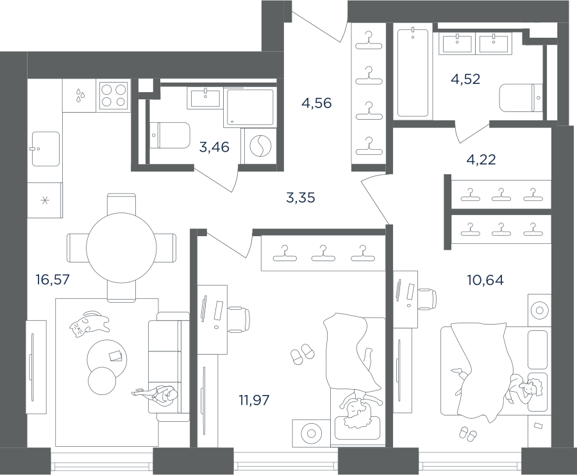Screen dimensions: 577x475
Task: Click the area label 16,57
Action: [x=53, y=280]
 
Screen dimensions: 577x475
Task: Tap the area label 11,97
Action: [x=254, y=399]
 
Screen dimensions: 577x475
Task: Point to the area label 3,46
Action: [x=214, y=147]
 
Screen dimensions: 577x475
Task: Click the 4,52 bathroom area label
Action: [x=465, y=79]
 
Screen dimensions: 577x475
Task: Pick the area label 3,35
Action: [x=301, y=198]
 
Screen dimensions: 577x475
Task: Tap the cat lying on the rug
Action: [x=89, y=323]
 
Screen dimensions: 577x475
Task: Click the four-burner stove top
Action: [x=113, y=96]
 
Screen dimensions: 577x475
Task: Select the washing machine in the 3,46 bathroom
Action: [x=260, y=146]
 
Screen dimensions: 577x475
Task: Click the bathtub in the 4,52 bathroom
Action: [x=413, y=73]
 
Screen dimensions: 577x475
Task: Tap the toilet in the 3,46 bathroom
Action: [x=170, y=135]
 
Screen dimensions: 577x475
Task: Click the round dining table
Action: [x=121, y=248]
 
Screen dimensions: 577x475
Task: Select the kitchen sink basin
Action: [x=46, y=149]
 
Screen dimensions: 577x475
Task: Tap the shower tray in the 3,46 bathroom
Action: [x=250, y=106]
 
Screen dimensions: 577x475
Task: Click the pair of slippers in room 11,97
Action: [x=303, y=354]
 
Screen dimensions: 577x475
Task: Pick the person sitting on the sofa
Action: [x=156, y=395]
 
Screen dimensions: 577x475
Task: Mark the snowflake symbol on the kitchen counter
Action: [x=44, y=200]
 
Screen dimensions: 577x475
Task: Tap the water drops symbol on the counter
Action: [x=80, y=95]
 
